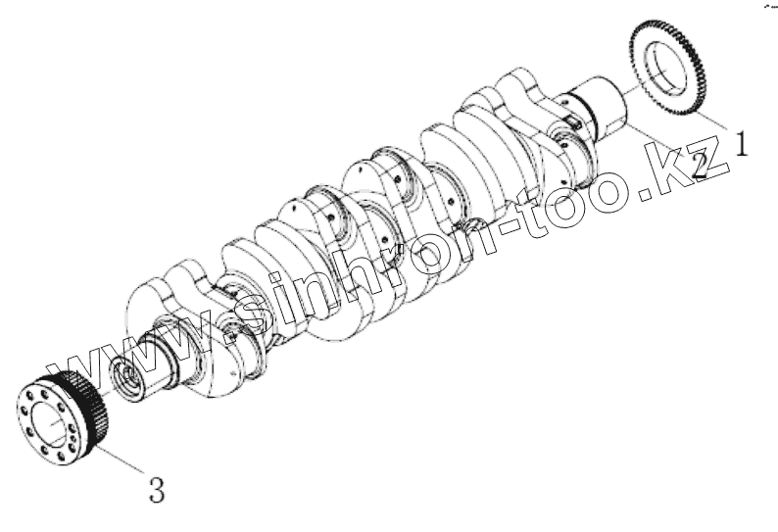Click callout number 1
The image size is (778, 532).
click(x=741, y=143)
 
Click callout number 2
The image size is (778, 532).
click(x=700, y=165)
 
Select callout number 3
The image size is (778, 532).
click(x=157, y=489)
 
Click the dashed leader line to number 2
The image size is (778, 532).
click(x=659, y=140)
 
